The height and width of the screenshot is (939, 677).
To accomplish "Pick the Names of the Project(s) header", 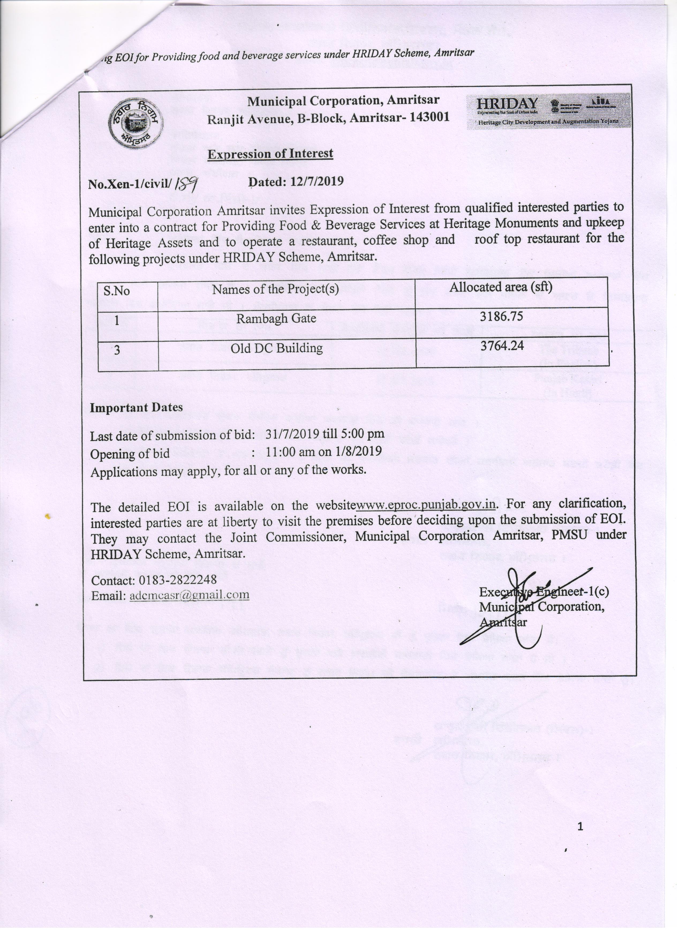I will pos(275,289).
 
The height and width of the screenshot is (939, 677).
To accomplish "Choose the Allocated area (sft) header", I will pos(501,287).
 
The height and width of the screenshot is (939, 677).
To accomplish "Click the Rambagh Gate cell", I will pos(276,318).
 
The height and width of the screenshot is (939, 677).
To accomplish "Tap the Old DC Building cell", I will pos(276,348).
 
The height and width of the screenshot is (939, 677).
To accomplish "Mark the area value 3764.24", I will pos(502,345).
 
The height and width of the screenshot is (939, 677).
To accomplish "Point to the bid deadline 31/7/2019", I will pos(292,434).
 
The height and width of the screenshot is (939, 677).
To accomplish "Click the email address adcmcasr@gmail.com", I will pos(189,595).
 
